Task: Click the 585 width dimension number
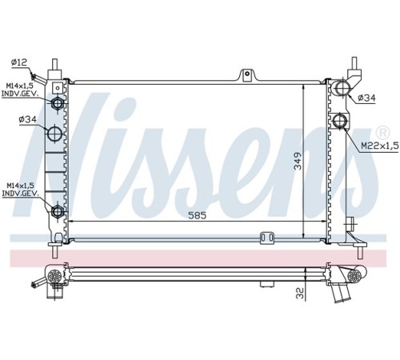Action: (198, 215)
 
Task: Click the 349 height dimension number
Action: (298, 161)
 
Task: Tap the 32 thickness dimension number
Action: (300, 293)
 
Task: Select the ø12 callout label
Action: (19, 62)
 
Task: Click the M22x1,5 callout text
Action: (380, 146)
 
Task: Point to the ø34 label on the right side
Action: (366, 98)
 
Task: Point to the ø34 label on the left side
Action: (27, 119)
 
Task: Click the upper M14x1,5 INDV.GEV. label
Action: (20, 90)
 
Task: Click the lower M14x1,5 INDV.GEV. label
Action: (20, 190)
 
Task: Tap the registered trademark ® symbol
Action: (382, 133)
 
